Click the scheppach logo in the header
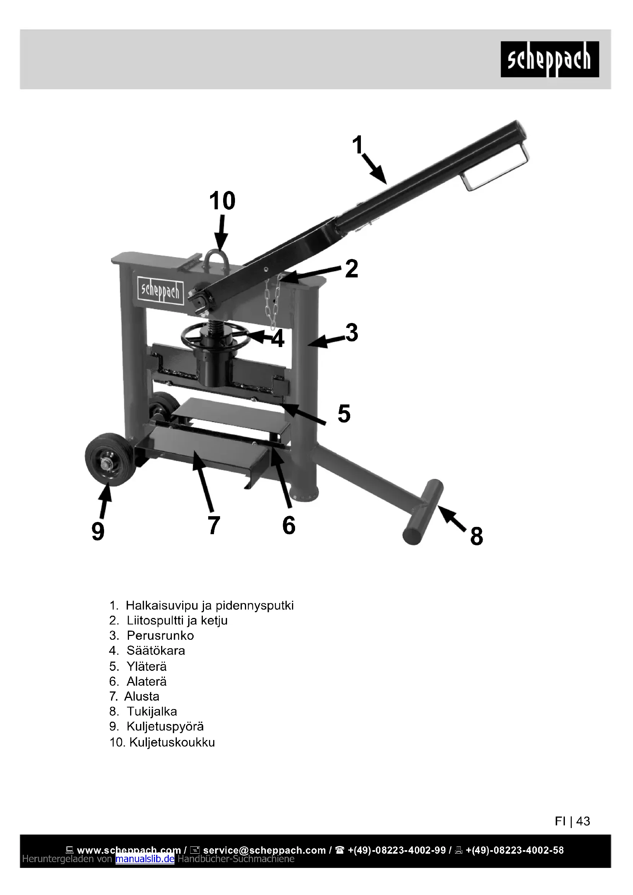coord(549,59)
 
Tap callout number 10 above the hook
coord(222,201)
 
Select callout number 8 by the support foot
coord(476,536)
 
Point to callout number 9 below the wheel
coord(98,531)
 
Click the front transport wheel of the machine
coord(111,460)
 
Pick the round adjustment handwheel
coord(215,336)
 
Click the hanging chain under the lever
coord(272,302)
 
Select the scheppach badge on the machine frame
coord(160,290)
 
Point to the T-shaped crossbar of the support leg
coord(423,512)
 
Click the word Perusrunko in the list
coord(160,636)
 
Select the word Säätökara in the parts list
coord(155,650)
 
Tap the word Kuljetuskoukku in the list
coord(172,742)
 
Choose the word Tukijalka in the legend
coord(152,711)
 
